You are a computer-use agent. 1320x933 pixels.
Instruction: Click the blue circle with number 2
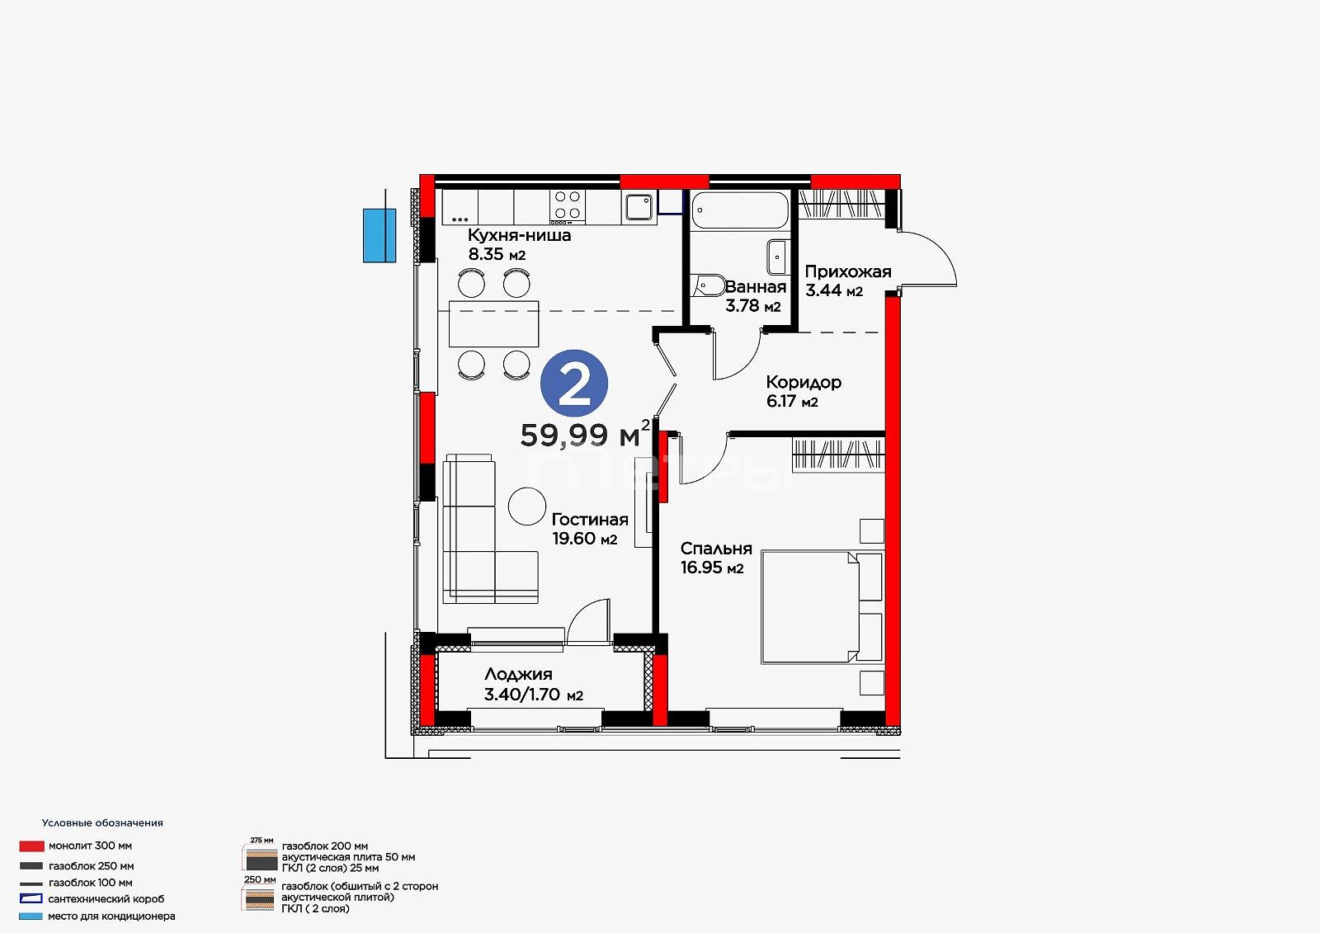574,383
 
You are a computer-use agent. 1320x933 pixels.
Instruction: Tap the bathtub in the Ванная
739,210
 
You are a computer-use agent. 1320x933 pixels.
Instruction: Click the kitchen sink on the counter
639,207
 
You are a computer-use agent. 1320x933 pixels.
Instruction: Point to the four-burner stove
568,206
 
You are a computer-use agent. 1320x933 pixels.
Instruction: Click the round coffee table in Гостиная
527,507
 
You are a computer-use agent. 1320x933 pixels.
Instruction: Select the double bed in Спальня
822,607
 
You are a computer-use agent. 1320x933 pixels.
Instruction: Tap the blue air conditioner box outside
379,235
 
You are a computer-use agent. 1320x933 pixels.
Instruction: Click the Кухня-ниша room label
519,235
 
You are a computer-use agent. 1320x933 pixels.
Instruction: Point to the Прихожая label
848,271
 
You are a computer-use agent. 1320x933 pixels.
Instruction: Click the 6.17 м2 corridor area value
792,402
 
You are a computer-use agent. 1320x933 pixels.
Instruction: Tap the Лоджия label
519,675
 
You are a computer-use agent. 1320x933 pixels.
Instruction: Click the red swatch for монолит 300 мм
32,846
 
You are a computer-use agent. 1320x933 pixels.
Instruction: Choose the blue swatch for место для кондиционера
31,916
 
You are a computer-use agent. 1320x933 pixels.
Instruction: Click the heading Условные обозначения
102,822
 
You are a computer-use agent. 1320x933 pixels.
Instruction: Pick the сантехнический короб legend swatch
31,899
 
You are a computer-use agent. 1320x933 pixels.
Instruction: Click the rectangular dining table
494,323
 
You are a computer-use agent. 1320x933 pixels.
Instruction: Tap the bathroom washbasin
777,257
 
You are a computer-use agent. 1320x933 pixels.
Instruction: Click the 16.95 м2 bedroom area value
712,568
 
